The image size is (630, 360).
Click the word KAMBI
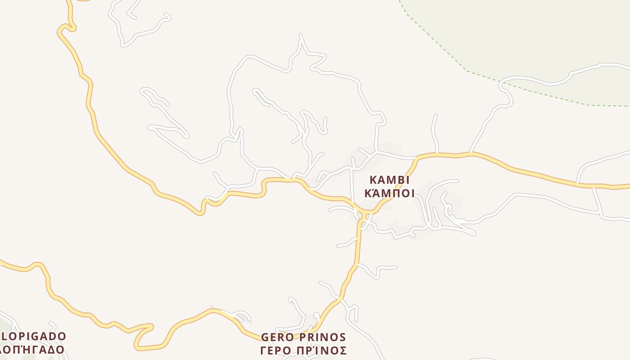tap(390, 180)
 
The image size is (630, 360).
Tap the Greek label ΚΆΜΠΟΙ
tap(390, 194)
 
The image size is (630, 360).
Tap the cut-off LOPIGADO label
tap(34, 337)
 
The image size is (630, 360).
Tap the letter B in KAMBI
tap(400, 180)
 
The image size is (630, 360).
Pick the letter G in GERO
tap(265, 337)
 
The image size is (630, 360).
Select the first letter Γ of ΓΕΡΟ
tap(264, 351)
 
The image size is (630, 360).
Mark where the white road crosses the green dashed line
tap(501, 81)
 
